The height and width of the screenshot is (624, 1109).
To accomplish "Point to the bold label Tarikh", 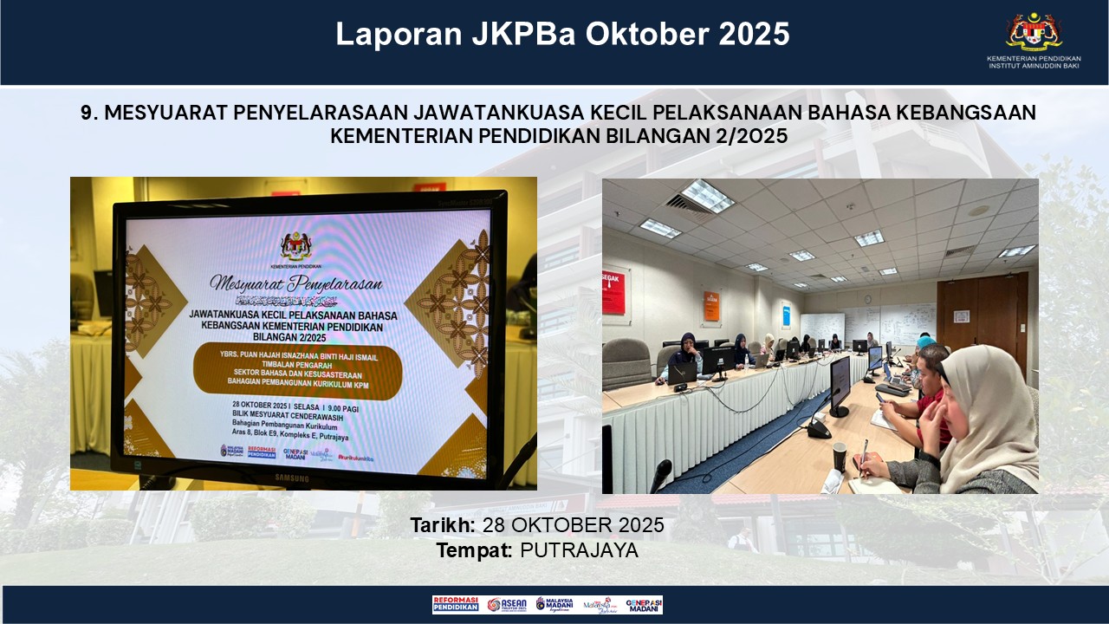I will click(x=440, y=525).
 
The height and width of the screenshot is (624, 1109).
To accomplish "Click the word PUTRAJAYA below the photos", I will click(x=579, y=549).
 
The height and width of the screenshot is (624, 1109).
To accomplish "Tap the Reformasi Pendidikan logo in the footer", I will click(x=456, y=605).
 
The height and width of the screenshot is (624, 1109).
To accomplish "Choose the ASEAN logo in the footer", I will click(x=506, y=605).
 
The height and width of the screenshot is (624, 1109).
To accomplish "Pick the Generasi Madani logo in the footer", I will click(x=644, y=605).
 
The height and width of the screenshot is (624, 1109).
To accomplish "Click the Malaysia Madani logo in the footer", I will click(x=554, y=605).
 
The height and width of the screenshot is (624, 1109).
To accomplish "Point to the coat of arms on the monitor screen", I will click(x=295, y=245).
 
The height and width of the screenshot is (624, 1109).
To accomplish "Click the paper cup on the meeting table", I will click(x=839, y=456).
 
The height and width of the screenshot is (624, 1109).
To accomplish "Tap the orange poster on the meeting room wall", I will click(x=711, y=306).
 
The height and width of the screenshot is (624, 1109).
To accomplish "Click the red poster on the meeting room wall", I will click(x=613, y=292).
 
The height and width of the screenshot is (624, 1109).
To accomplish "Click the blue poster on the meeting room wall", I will click(x=785, y=315).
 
